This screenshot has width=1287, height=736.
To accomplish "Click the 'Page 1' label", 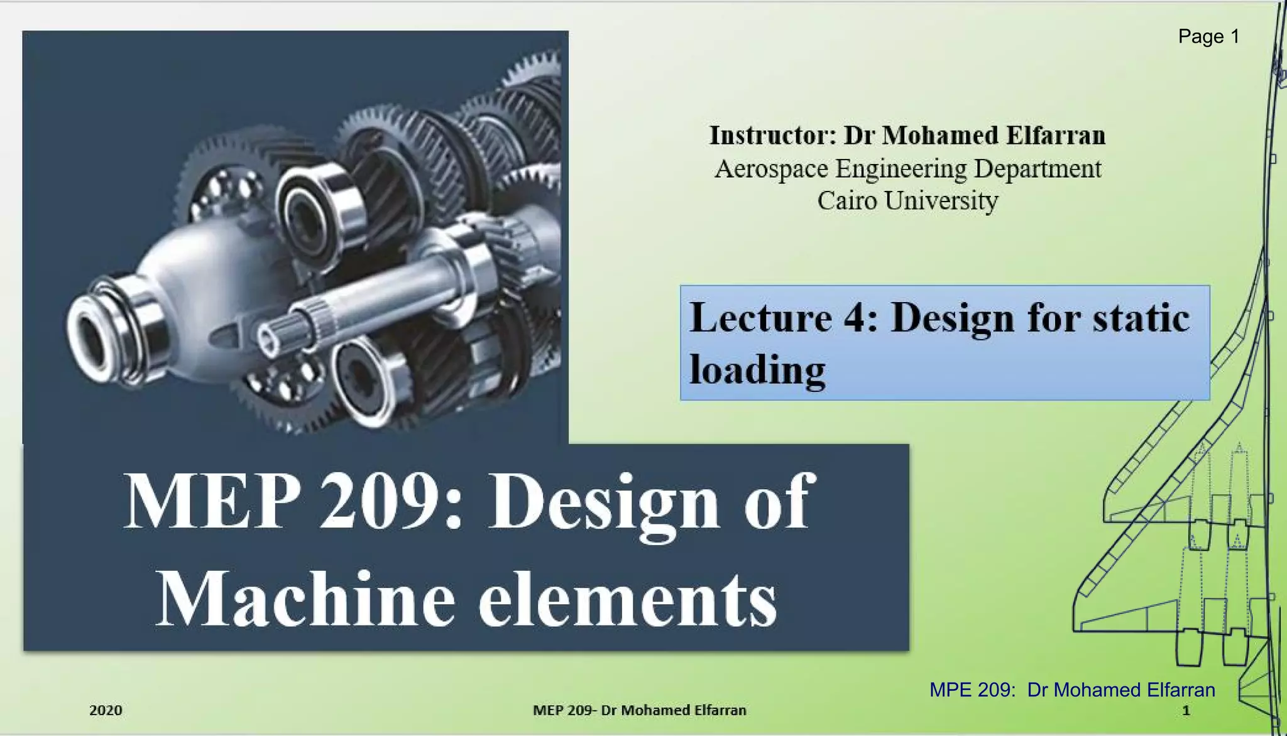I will [1208, 36].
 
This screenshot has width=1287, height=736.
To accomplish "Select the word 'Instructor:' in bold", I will [772, 136].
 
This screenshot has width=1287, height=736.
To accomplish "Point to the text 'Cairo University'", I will [907, 201].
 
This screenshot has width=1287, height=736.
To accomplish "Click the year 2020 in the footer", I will [106, 710].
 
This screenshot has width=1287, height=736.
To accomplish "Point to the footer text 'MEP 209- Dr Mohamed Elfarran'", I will [639, 710].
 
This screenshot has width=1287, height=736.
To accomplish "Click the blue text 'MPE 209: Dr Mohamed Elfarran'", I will [1071, 690].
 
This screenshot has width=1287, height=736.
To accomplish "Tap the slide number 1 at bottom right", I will [1186, 710].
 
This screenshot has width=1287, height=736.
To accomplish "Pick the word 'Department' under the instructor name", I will [1038, 169].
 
